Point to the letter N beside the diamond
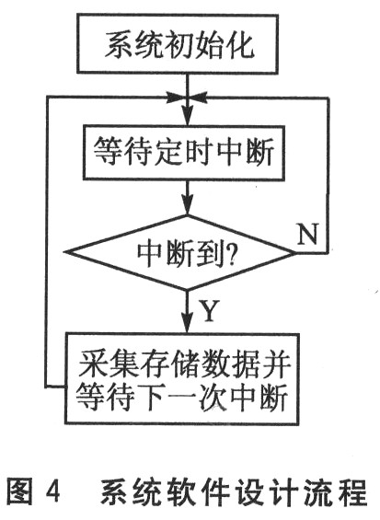(x=307, y=234)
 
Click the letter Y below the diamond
(x=209, y=310)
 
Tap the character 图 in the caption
(x=19, y=491)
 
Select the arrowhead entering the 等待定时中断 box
(x=188, y=117)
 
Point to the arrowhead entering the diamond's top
(x=188, y=206)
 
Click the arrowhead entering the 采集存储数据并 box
(x=188, y=324)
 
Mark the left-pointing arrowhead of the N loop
(x=198, y=98)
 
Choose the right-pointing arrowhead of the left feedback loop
(x=177, y=98)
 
